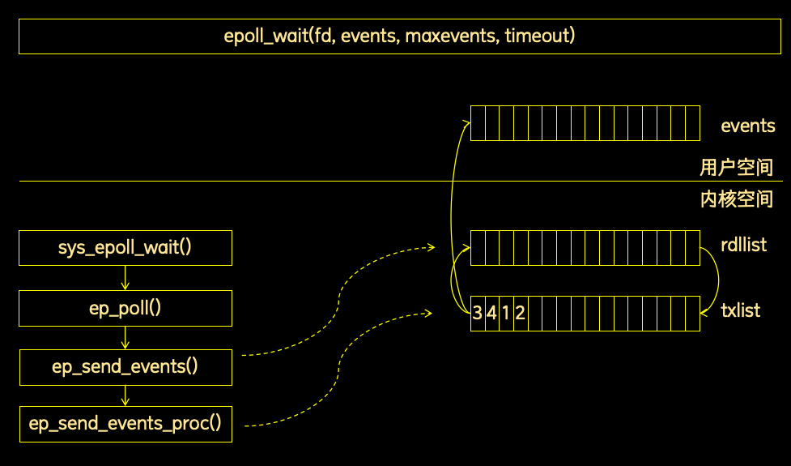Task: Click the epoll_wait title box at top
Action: [x=399, y=36]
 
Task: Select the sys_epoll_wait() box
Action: [x=125, y=248]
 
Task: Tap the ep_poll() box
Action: [x=125, y=308]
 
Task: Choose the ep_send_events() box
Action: [x=125, y=367]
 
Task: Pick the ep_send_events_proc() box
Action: [x=125, y=424]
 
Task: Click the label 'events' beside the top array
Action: [x=747, y=126]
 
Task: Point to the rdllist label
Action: [x=743, y=245]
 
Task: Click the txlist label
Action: [x=740, y=310]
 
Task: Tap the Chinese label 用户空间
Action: [x=737, y=167]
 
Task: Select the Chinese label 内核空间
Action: [x=737, y=199]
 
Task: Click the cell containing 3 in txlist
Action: [x=478, y=314]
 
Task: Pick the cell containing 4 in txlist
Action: [x=492, y=314]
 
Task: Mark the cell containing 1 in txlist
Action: [x=507, y=314]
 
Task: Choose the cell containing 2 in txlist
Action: [x=521, y=314]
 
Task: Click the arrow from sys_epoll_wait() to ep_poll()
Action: [x=125, y=278]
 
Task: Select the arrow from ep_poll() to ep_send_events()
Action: [x=125, y=338]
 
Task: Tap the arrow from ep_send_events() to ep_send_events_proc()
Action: [x=125, y=395]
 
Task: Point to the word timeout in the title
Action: [x=540, y=36]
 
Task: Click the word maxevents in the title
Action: [x=451, y=36]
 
